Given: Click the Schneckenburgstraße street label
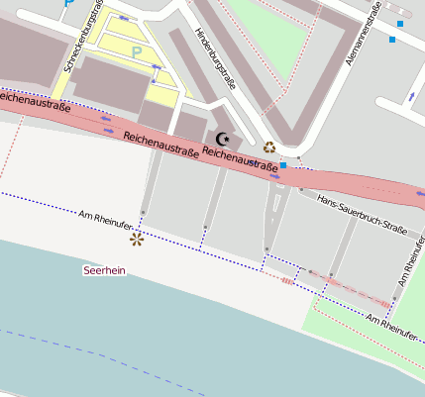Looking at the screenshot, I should click(84, 47).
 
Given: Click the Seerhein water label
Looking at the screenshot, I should click(104, 269).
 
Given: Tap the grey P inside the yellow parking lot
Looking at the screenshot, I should click(137, 51).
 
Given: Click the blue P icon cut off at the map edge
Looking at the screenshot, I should click(68, 3).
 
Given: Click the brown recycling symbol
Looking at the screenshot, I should click(268, 148).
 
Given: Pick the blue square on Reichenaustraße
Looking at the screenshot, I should click(283, 165).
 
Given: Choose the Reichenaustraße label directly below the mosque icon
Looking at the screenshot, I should click(238, 159).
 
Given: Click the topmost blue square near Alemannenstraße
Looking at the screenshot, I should click(400, 23).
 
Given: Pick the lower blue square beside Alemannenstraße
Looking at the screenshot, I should click(392, 40).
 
